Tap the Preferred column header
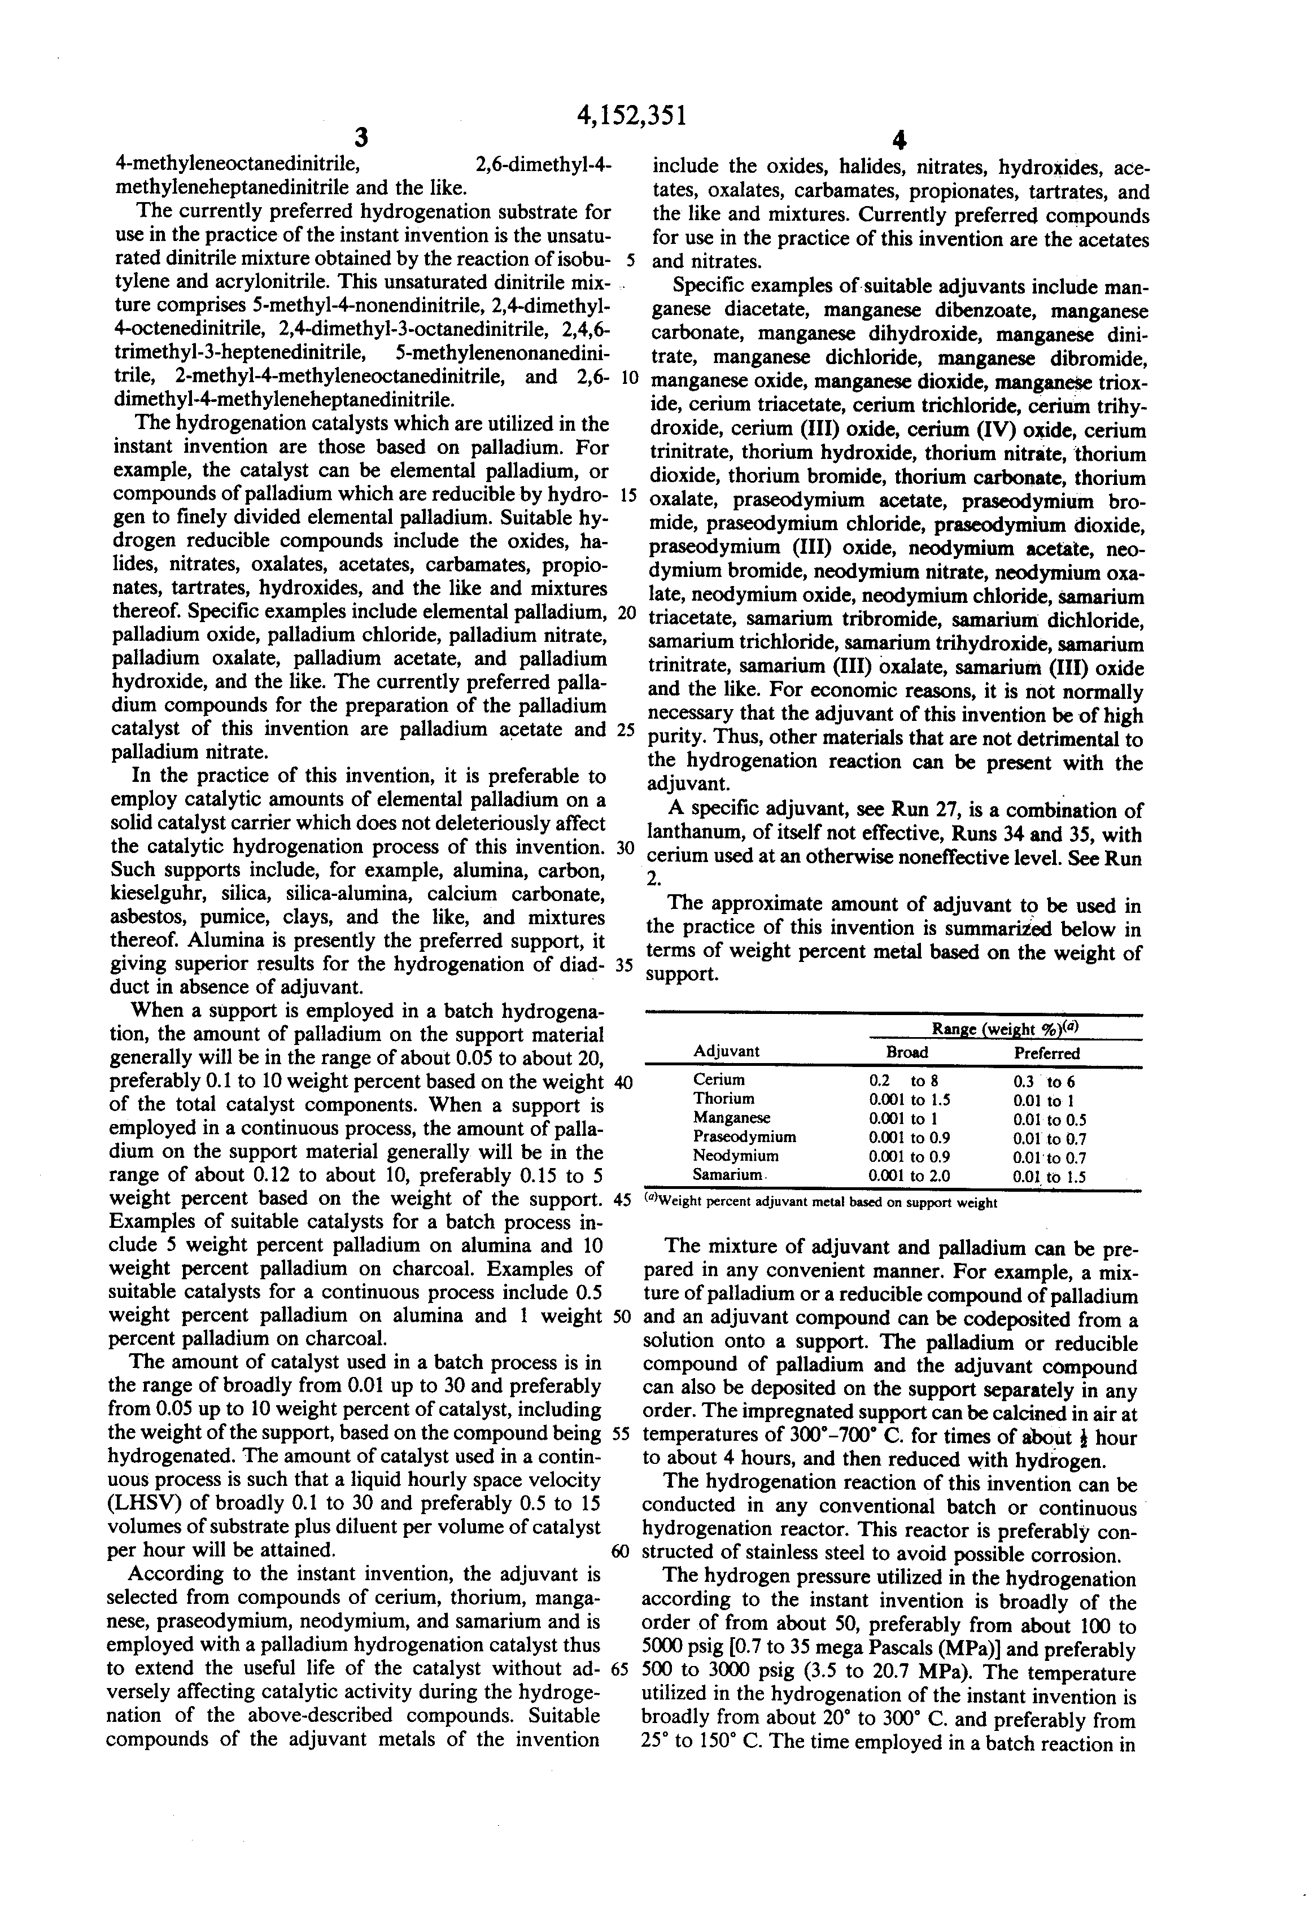tap(1047, 1053)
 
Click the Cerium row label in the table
tap(719, 1079)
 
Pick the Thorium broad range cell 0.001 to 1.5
tap(909, 1099)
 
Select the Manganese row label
tap(731, 1118)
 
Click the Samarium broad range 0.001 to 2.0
tap(909, 1175)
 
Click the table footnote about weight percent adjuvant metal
tap(820, 1203)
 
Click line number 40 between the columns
tap(623, 1082)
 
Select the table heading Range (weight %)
tap(1005, 1029)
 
